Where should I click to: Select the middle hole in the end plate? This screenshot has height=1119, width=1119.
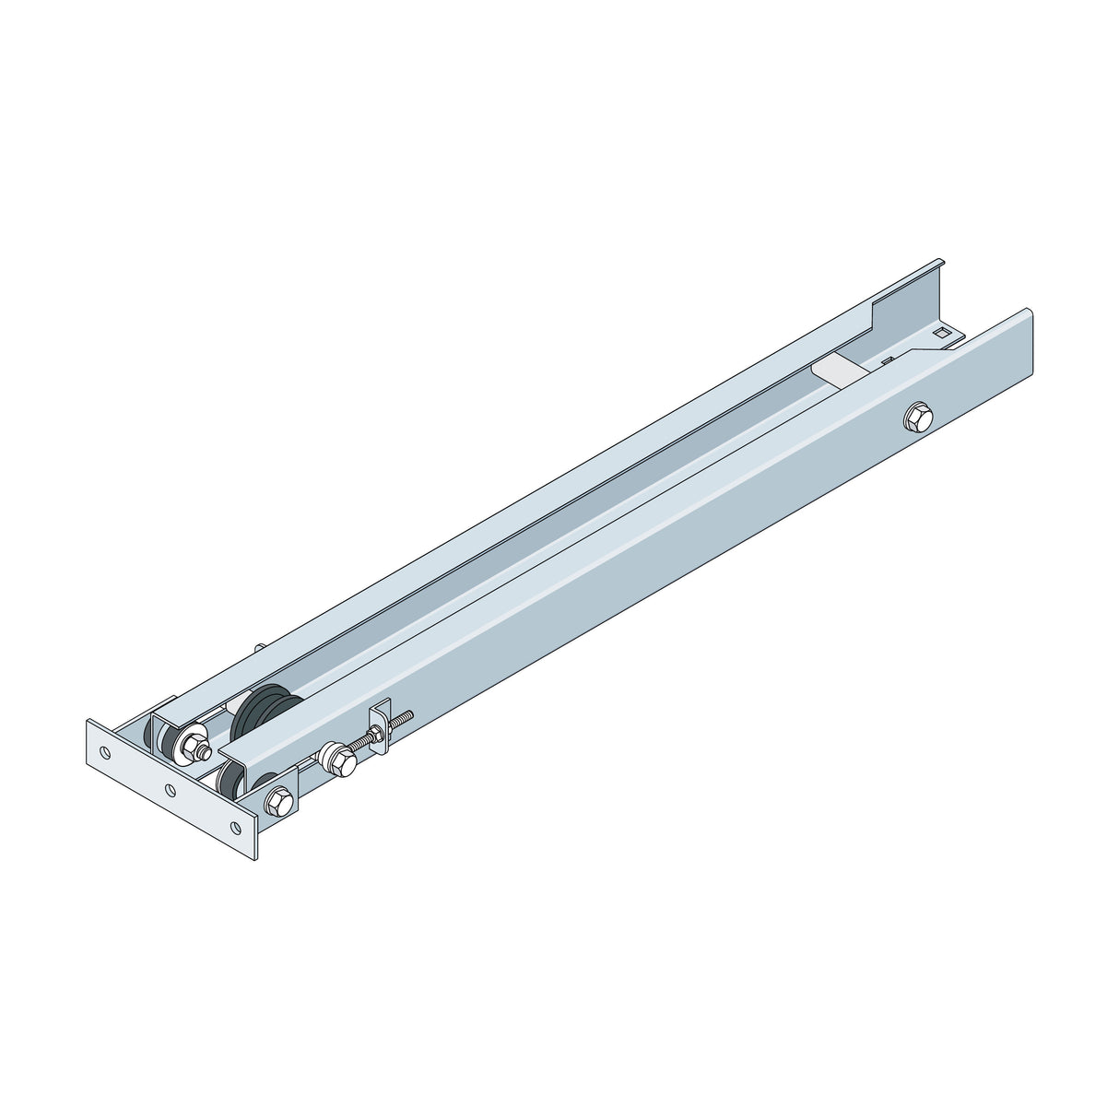click(x=170, y=789)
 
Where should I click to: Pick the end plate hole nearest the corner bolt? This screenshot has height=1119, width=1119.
click(x=236, y=827)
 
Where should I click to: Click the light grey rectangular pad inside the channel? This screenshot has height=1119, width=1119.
click(x=838, y=371)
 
